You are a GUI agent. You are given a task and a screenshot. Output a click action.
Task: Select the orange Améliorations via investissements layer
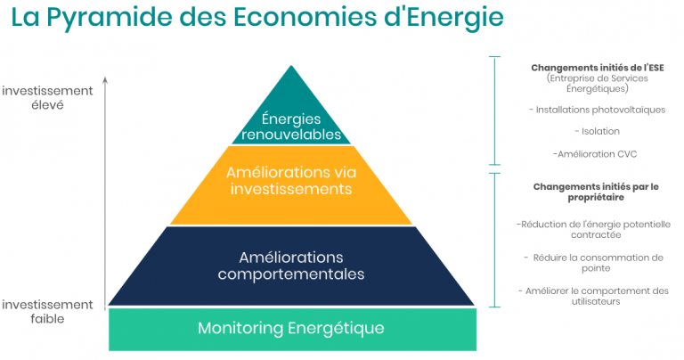point(291,185)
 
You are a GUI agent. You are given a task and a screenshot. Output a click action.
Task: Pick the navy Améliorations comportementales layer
point(291,266)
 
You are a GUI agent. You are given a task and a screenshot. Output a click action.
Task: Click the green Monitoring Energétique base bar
point(292,330)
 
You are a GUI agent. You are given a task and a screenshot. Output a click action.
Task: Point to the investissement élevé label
point(47,98)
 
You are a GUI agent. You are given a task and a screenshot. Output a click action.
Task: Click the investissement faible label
point(47,312)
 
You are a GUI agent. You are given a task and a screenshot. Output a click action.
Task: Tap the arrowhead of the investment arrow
point(105,79)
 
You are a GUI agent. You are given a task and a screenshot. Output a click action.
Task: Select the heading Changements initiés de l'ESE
point(598,68)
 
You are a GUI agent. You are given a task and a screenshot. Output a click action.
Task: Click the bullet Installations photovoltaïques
point(597,110)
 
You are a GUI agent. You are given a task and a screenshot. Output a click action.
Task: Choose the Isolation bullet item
point(597,131)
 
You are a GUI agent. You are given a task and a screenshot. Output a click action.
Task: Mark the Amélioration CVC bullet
point(595,154)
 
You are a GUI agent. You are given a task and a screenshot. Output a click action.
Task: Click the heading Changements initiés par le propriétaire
point(596,192)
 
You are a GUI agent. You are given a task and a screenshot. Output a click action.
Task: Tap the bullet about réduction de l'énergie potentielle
point(594,230)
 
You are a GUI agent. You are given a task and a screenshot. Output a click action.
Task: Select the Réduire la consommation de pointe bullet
point(594,263)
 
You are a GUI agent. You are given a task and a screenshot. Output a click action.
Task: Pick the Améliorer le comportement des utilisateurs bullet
point(594,296)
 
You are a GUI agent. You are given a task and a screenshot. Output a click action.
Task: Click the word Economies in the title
point(305,17)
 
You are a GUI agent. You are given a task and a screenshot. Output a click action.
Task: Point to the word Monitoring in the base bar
point(240,329)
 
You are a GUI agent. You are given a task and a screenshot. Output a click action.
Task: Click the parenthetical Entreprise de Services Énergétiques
point(597,84)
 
